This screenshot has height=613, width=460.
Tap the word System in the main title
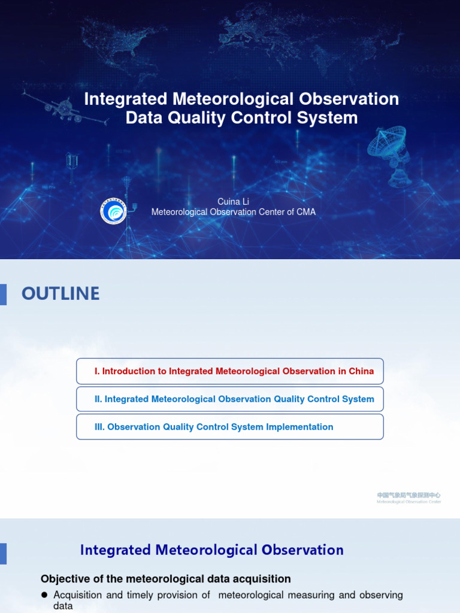(331, 117)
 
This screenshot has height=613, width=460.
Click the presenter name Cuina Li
(233, 202)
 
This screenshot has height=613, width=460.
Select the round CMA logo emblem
(113, 211)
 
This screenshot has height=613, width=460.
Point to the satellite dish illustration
(390, 153)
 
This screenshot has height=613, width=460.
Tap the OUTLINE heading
(60, 293)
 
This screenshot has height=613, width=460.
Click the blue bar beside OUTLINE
(3, 294)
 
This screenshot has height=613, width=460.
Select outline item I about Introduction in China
(230, 371)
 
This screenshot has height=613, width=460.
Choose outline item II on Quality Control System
(230, 399)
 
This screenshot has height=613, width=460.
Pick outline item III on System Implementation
(230, 427)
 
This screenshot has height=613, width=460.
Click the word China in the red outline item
(361, 371)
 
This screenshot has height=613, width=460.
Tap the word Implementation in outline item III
(302, 427)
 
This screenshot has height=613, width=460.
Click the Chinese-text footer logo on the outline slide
(408, 497)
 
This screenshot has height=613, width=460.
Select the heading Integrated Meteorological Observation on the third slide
(212, 550)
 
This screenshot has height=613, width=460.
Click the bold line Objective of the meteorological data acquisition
(166, 579)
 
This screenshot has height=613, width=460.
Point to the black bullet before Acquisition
(44, 595)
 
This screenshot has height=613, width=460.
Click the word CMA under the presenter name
(306, 212)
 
